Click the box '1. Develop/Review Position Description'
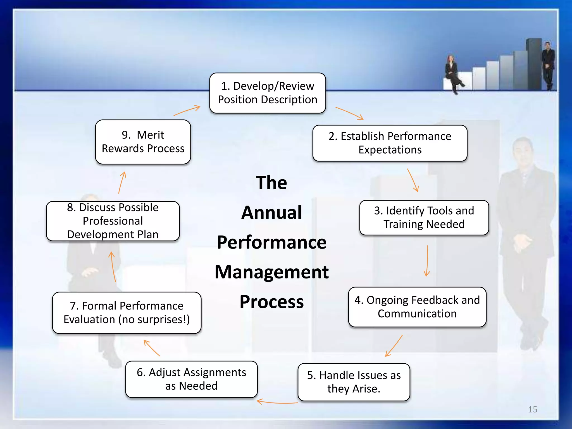pos(268,93)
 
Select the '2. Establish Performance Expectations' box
pos(390,143)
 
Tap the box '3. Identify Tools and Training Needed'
pos(424,218)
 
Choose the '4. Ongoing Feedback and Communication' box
pos(417,307)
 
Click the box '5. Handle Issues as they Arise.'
pos(354,382)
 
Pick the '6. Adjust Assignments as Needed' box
pos(191,379)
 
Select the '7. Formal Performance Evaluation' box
pos(127,313)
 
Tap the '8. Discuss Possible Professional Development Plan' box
pos(113,221)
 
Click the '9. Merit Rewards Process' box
pos(143,142)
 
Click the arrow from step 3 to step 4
pos(427,261)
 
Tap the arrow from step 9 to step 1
pos(187,110)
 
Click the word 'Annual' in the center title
pos(271,213)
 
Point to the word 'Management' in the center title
pos(271,272)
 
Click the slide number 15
pos(532,409)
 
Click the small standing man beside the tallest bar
pos(548,66)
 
